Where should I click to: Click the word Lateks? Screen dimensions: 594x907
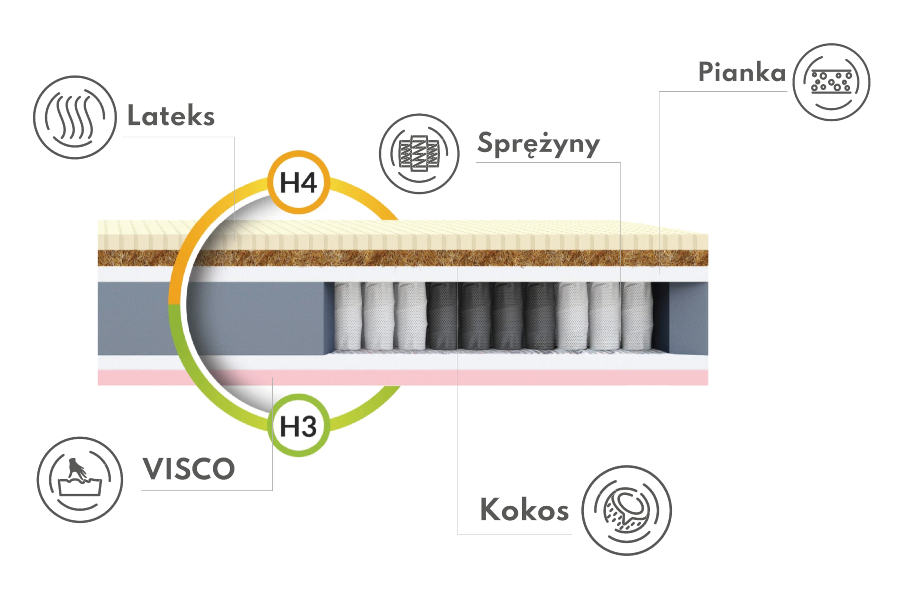[171, 115]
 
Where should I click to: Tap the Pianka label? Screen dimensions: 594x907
[741, 72]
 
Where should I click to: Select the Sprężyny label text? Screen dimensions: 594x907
[538, 144]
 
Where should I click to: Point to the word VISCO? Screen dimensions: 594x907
[189, 469]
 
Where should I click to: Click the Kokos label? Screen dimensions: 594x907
[524, 509]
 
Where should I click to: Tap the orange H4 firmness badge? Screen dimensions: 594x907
[298, 182]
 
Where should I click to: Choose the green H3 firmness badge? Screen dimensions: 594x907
[298, 426]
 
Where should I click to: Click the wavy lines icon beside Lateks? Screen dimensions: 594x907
[75, 117]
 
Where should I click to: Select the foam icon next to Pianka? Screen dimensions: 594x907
[831, 82]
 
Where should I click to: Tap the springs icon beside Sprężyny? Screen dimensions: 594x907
[419, 154]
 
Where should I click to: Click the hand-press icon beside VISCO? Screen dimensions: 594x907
[80, 480]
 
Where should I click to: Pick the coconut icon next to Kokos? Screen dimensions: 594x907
[626, 510]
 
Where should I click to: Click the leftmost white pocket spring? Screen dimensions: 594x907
[348, 316]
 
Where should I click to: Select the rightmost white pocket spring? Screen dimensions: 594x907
[636, 316]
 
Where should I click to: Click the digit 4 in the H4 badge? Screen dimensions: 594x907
[307, 183]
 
